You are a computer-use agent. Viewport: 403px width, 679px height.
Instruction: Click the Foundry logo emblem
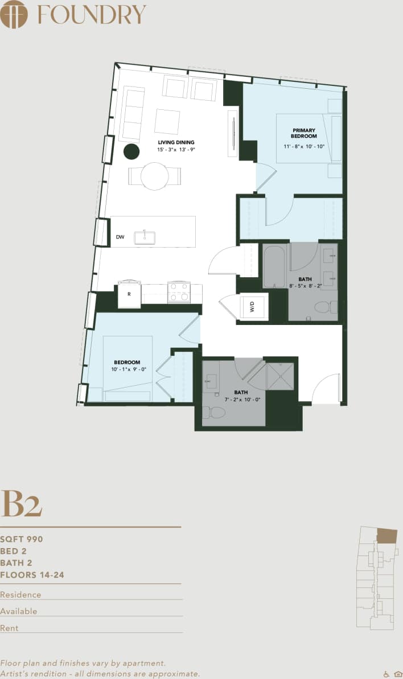tap(14, 14)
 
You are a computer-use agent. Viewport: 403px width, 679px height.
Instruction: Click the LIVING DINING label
tap(176, 142)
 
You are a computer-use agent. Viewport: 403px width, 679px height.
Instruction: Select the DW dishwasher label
tap(120, 237)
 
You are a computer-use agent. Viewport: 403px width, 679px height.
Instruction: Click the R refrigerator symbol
tap(129, 295)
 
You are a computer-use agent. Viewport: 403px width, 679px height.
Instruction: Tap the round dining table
tap(155, 176)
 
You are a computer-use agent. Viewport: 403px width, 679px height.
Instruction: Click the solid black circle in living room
tap(131, 151)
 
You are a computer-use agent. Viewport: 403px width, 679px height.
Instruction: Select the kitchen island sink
tap(145, 237)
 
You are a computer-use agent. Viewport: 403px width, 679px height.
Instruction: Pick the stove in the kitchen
tap(178, 293)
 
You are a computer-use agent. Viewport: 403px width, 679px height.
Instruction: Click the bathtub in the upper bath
tap(274, 266)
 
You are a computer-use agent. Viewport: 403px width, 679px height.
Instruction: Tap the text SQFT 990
tap(22, 539)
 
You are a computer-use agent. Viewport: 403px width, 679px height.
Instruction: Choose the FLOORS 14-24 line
tap(32, 575)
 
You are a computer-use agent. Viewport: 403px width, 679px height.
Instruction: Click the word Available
tap(19, 611)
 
